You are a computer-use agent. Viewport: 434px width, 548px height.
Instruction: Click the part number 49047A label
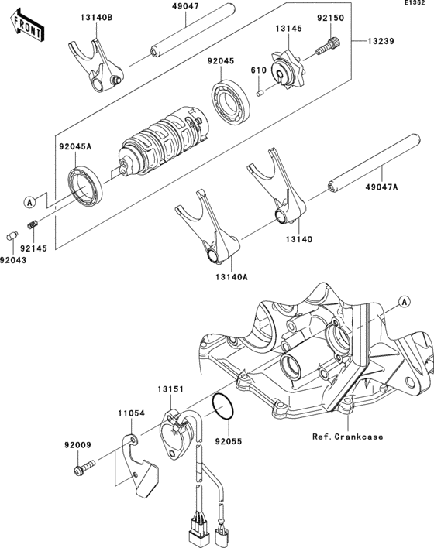point(382,187)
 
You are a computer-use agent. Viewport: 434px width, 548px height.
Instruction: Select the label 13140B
point(97,18)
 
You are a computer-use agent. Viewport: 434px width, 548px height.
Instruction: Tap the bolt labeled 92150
point(329,46)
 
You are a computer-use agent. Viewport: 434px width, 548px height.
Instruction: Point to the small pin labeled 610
point(260,94)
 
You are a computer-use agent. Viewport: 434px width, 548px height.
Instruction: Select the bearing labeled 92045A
point(85,186)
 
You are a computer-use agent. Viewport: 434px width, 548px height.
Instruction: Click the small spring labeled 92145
point(33,224)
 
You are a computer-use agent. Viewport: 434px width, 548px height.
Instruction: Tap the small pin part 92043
point(12,236)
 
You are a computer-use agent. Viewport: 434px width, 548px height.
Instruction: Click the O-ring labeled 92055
point(223,406)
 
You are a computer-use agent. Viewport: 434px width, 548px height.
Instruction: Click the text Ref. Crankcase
point(347,437)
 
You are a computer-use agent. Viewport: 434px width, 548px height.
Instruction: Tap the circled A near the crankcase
point(405,302)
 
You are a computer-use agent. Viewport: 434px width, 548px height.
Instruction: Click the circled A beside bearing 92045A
point(29,202)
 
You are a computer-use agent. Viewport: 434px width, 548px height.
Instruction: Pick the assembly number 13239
point(381,41)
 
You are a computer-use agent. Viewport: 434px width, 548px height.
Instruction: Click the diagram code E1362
point(415,2)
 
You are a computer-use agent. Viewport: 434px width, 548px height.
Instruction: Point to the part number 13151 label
point(170,389)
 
